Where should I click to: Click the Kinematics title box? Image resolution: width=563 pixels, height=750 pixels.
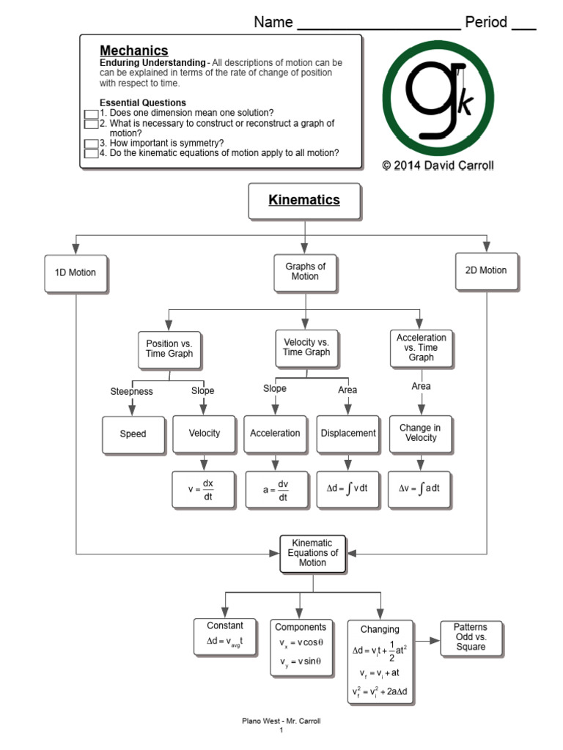(x=304, y=201)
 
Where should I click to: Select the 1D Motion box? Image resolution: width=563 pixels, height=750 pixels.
(x=76, y=274)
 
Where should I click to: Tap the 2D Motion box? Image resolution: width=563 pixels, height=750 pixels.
(x=487, y=272)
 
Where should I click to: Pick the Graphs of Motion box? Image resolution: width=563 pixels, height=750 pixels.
(x=306, y=273)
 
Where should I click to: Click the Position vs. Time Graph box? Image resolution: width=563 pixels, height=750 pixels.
(x=170, y=351)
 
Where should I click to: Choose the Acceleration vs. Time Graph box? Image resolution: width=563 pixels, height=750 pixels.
(x=422, y=349)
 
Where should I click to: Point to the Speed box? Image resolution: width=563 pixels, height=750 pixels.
(x=133, y=435)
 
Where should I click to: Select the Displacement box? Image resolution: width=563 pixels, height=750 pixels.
(x=348, y=434)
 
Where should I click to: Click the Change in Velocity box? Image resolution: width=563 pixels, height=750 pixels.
(x=420, y=434)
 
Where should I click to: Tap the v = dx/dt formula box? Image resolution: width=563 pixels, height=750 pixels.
(x=204, y=490)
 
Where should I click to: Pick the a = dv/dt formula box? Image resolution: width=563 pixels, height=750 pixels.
(x=276, y=490)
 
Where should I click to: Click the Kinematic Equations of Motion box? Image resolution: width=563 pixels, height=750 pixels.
(x=312, y=554)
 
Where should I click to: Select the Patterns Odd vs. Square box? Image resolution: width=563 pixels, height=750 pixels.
(x=471, y=639)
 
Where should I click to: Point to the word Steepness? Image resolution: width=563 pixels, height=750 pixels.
(x=132, y=391)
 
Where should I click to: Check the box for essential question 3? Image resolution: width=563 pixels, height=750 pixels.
(x=91, y=144)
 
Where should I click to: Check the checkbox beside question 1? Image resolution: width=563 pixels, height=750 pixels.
(x=91, y=114)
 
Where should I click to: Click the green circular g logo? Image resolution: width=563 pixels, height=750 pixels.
(x=438, y=98)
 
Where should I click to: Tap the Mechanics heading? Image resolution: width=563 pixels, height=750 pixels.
(x=134, y=51)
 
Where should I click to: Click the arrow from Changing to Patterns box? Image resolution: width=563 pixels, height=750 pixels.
(x=427, y=641)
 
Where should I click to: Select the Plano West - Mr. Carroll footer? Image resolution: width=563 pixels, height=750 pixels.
(x=281, y=721)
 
